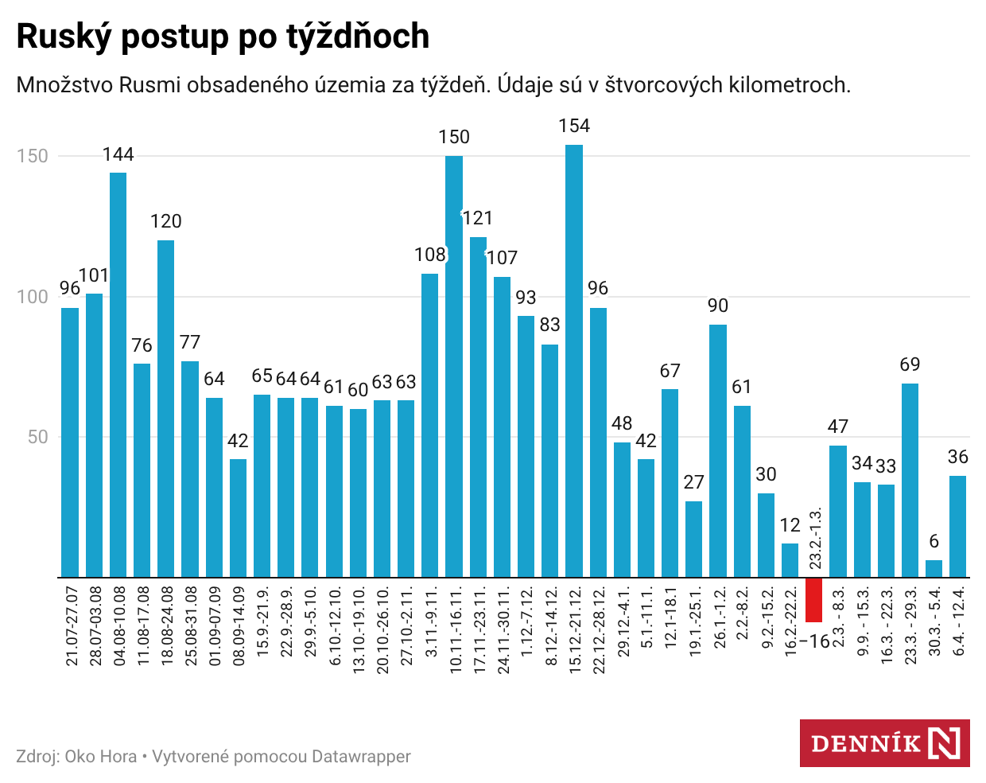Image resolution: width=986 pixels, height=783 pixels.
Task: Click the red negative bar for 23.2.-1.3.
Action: click(813, 600)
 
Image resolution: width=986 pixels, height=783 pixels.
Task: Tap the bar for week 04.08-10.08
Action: click(118, 374)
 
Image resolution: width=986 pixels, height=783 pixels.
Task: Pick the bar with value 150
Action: click(454, 366)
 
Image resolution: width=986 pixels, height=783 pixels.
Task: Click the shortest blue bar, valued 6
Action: click(934, 569)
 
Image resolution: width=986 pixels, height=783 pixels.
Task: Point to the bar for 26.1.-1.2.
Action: click(718, 450)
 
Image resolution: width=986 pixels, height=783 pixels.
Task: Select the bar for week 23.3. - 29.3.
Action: click(910, 480)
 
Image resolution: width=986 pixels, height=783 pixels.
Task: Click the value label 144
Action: click(118, 154)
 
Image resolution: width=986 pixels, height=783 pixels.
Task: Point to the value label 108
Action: click(430, 255)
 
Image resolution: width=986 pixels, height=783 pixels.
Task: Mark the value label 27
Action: click(694, 482)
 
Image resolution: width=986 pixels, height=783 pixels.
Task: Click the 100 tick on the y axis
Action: click(33, 297)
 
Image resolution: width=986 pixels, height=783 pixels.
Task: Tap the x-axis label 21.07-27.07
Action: click(72, 626)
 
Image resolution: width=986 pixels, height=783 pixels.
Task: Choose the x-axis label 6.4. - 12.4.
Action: click(959, 621)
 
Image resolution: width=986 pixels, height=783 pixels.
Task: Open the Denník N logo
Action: click(884, 743)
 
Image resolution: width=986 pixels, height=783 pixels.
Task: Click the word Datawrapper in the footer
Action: click(361, 757)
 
